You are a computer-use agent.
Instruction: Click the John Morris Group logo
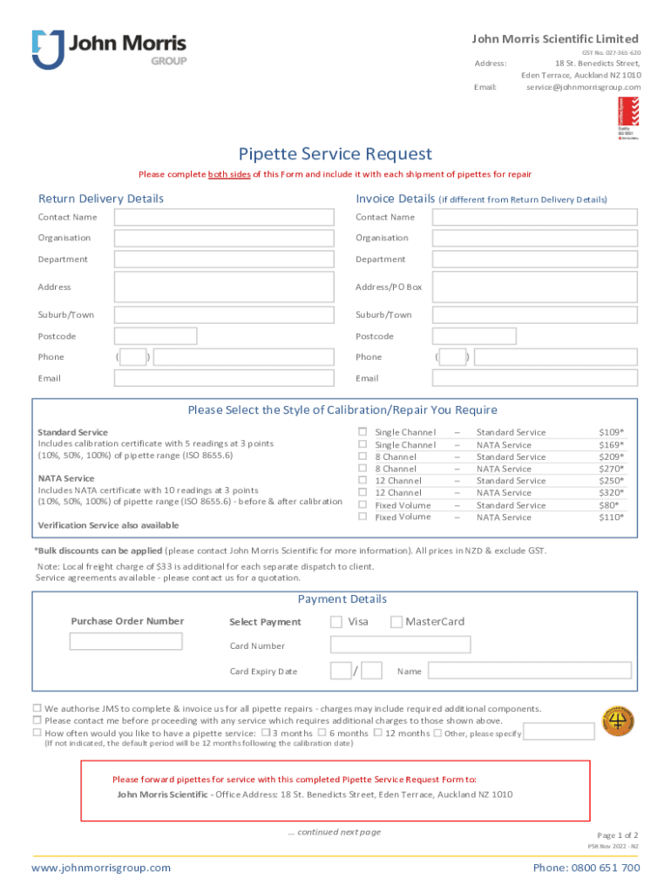109,50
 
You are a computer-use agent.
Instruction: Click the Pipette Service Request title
335,154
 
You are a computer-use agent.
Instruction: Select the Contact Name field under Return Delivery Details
224,217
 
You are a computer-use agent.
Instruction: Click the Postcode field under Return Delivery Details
155,336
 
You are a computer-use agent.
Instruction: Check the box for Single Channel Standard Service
363,432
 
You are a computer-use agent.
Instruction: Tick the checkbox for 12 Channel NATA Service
363,493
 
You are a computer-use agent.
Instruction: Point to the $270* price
611,469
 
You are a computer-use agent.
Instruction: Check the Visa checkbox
336,622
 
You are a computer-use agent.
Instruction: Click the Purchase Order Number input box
125,642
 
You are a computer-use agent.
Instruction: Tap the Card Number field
400,645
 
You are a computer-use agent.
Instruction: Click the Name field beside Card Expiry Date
536,671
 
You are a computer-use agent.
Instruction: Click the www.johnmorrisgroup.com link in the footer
101,868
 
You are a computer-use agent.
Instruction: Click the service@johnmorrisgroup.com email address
583,87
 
